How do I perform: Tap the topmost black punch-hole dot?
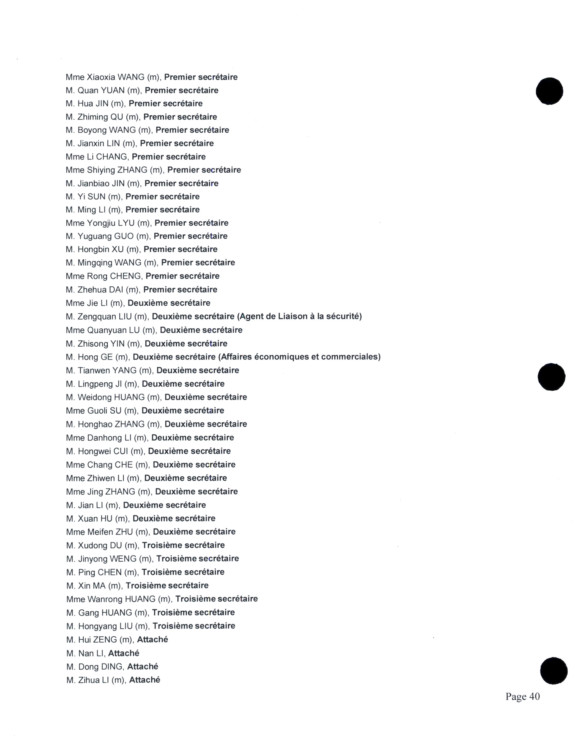(x=549, y=91)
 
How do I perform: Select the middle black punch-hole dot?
(x=551, y=377)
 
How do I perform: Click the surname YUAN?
(x=112, y=90)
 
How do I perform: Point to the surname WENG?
(x=123, y=559)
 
